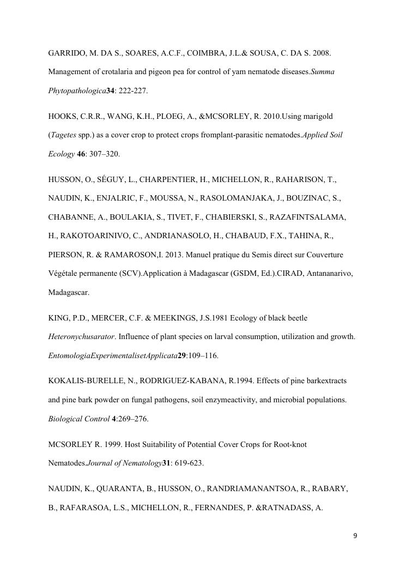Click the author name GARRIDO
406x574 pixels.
[68, 54]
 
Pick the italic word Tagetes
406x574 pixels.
[63, 135]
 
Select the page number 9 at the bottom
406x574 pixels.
[355, 536]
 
